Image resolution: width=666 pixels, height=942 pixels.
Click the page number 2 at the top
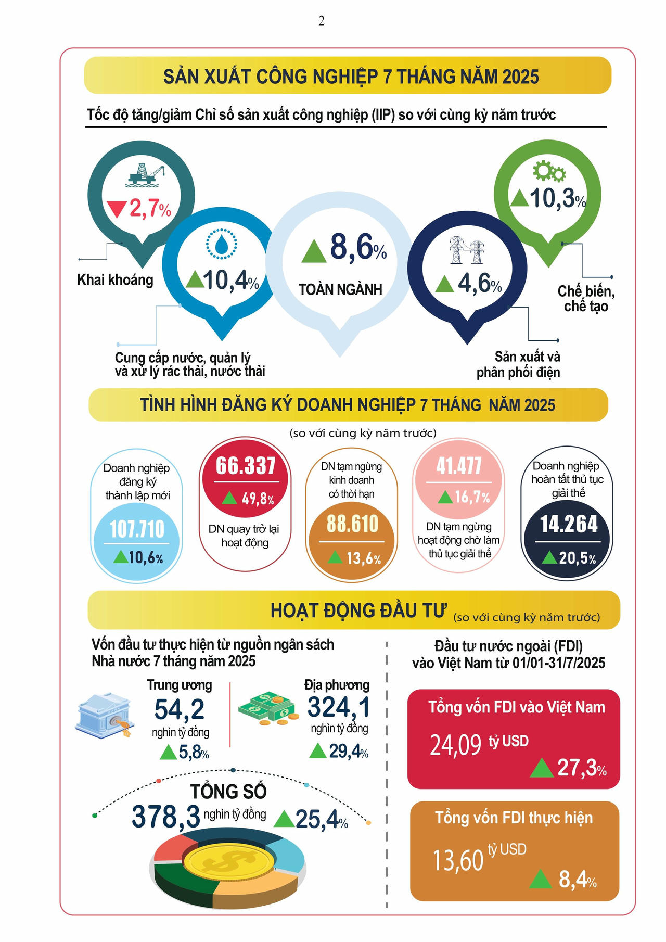(322, 21)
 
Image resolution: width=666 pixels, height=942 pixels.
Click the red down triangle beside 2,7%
(117, 209)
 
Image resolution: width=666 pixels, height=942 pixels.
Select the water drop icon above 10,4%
(222, 244)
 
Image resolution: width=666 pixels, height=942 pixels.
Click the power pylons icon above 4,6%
(467, 250)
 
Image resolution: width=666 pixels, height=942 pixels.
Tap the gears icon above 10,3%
(549, 171)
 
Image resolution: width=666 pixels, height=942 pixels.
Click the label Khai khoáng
(115, 280)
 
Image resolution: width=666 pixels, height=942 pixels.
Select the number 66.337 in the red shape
(246, 466)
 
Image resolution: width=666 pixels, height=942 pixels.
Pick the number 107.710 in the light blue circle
(137, 529)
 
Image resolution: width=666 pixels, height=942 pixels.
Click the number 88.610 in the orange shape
(352, 524)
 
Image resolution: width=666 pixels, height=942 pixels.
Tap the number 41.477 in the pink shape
(459, 466)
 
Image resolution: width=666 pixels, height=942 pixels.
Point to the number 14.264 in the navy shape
(569, 524)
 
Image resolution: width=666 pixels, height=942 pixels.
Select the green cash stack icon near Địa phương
(268, 708)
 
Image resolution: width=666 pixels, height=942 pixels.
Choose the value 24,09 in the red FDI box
(456, 745)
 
